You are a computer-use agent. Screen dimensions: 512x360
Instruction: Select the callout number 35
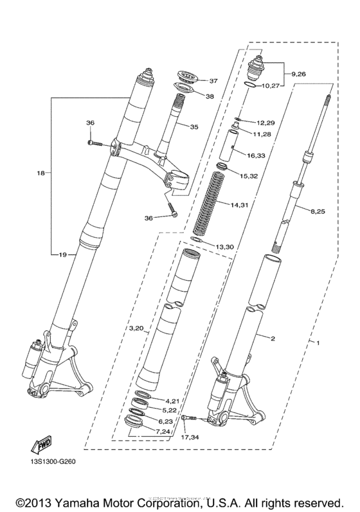coord(194,127)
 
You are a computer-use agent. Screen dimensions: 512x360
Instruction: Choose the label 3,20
coord(137,328)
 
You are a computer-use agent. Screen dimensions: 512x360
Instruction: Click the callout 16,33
coord(256,155)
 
